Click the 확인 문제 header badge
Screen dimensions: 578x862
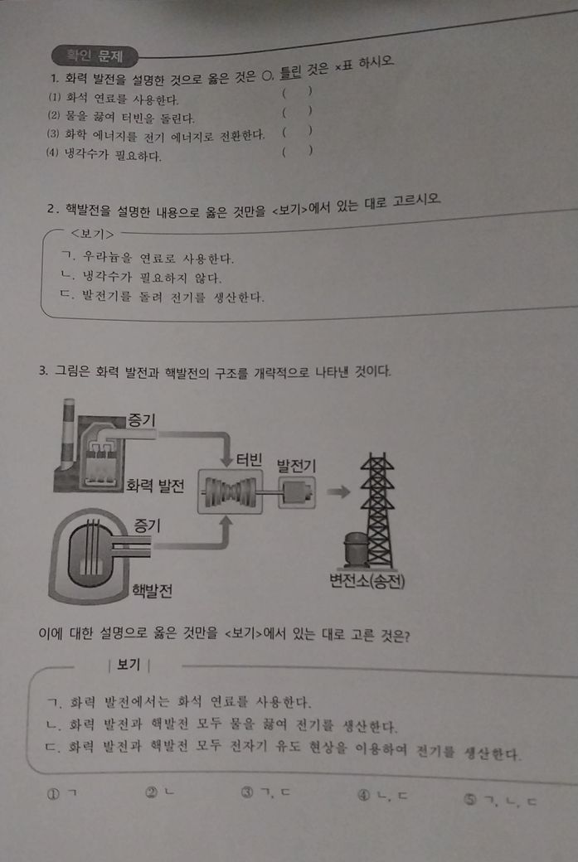point(94,56)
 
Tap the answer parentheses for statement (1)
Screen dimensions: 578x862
point(298,92)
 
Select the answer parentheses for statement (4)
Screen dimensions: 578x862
point(298,150)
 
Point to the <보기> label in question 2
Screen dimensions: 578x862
point(92,235)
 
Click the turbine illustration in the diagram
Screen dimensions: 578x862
point(230,492)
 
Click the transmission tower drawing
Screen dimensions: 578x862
point(377,510)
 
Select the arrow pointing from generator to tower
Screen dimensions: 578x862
point(338,492)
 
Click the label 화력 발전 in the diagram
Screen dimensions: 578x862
point(155,486)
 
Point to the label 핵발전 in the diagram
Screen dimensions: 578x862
point(152,590)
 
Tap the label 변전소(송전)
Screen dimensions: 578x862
point(367,580)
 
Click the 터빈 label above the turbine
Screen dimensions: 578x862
point(249,459)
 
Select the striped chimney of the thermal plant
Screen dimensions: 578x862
point(67,434)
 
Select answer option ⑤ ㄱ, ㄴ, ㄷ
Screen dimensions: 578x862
point(499,801)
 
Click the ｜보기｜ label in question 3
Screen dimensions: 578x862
point(129,665)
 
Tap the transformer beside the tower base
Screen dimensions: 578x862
point(355,549)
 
